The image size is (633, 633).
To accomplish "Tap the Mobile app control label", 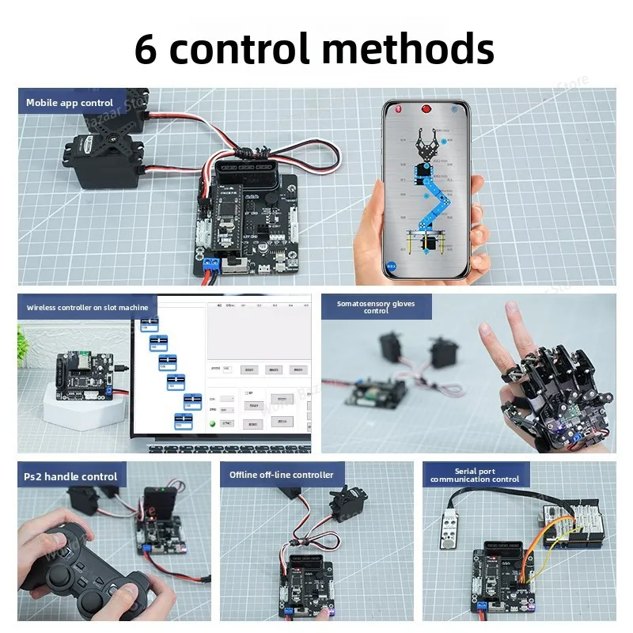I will tap(70, 103).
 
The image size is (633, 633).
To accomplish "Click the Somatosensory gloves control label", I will tap(375, 307).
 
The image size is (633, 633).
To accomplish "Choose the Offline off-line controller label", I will tap(282, 475).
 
